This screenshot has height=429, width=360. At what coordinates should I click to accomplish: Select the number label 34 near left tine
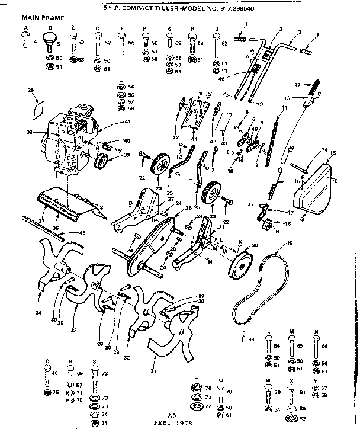(x=38, y=312)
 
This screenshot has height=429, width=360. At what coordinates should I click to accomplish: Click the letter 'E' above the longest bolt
(x=121, y=28)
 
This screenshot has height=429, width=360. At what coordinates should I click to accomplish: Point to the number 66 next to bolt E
(x=131, y=43)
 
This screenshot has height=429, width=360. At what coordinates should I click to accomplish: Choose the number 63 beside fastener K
(x=252, y=339)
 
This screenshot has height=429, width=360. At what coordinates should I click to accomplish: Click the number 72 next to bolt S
(x=105, y=374)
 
